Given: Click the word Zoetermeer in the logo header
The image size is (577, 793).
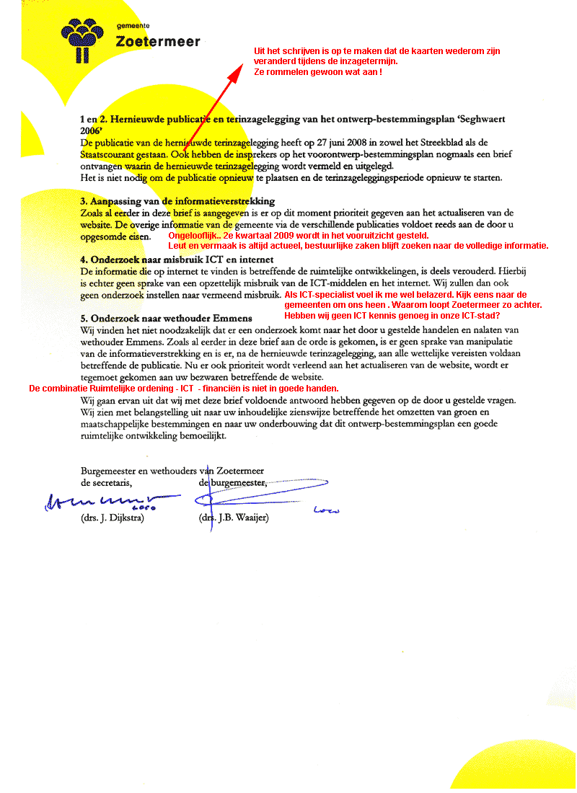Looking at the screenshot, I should (x=158, y=42).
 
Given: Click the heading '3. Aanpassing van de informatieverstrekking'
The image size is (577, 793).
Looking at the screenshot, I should (x=177, y=201).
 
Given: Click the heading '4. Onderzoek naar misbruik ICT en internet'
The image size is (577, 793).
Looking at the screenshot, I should (x=177, y=260).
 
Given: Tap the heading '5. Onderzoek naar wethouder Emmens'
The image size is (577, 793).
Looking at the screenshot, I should (x=167, y=318).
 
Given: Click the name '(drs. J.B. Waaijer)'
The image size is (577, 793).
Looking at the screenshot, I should (x=233, y=518).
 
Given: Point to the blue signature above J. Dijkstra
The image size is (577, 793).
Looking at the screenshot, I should (x=108, y=500).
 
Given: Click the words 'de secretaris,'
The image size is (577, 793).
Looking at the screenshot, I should (x=107, y=482).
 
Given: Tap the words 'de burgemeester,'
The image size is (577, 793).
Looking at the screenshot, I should (x=233, y=482).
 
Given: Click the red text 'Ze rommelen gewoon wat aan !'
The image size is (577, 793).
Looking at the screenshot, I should (x=317, y=73).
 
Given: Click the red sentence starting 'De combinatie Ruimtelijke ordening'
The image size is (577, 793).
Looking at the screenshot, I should (x=183, y=389).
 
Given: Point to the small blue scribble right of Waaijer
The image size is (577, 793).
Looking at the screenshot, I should (x=327, y=510).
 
